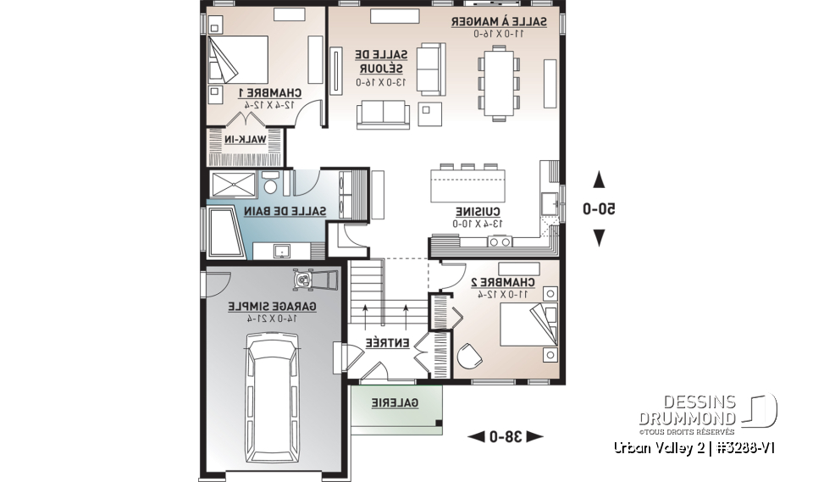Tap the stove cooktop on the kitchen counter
[499, 242]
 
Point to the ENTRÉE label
[388, 343]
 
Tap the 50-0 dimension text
[600, 208]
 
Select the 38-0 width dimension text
[505, 436]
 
